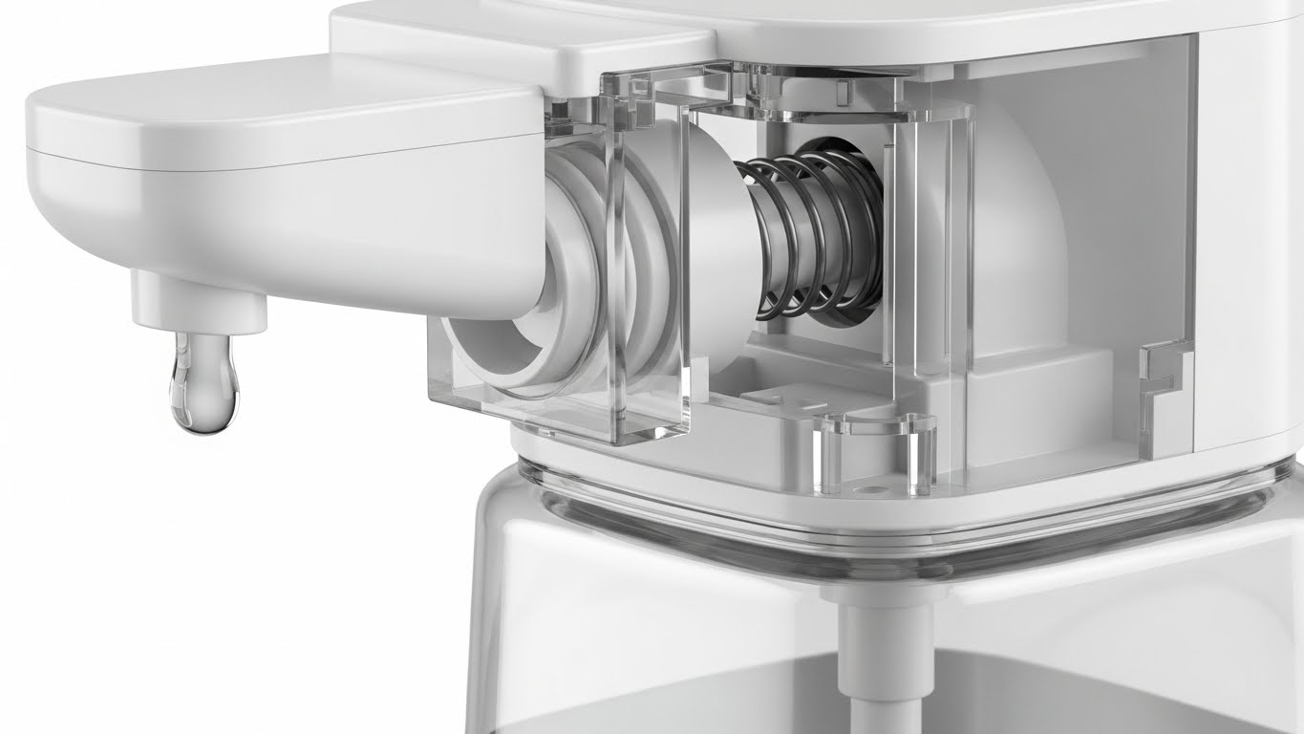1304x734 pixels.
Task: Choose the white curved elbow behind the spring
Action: click(x=1003, y=220)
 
